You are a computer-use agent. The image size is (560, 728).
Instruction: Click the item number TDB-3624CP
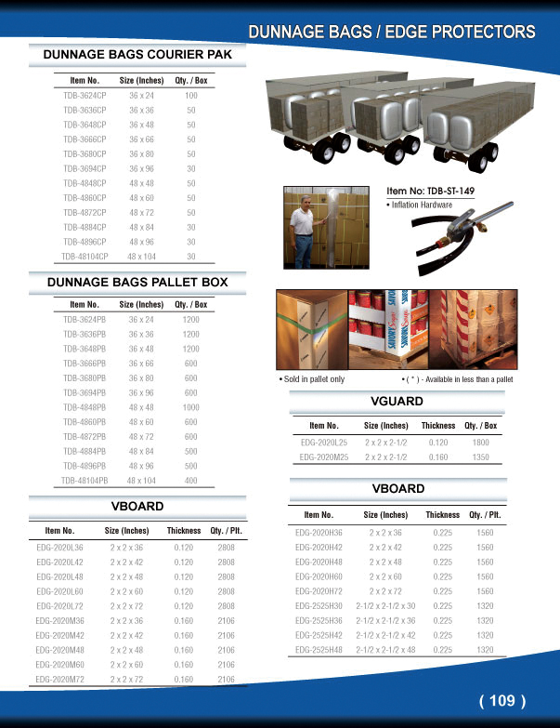click(85, 96)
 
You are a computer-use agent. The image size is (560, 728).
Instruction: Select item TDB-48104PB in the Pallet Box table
click(85, 480)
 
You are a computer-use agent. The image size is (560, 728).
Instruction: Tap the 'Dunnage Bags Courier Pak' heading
click(144, 55)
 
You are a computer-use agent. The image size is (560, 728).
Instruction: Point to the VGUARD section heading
click(397, 402)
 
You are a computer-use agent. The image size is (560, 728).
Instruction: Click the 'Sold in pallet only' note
click(312, 379)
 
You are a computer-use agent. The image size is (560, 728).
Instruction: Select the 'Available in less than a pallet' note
click(458, 379)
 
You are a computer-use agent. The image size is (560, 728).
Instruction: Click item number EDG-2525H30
click(319, 605)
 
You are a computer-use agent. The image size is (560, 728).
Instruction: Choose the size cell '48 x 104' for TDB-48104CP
click(142, 255)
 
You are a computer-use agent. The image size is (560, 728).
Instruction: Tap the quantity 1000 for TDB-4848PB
click(191, 407)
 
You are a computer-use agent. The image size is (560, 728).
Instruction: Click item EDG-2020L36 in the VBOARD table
click(59, 548)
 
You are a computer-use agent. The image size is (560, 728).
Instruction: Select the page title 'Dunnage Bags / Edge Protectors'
click(391, 33)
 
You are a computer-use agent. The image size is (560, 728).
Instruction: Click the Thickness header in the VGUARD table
click(438, 425)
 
